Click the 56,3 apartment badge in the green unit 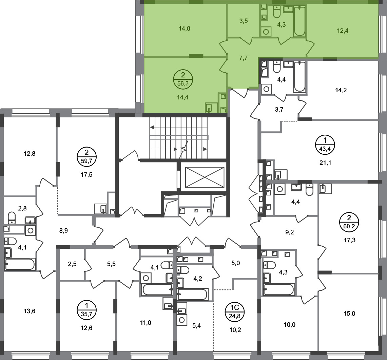183,79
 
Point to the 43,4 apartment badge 325,145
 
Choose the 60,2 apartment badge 349,222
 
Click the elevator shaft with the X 205,177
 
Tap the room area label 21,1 325,163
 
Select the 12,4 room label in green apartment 343,31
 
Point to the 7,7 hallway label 243,58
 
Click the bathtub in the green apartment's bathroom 299,21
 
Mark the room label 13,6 30,311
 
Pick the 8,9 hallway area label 63,231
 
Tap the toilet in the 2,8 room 12,217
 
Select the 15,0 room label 349,314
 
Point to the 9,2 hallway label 289,232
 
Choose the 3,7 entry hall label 279,109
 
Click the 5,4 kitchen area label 196,326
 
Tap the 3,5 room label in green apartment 243,21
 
